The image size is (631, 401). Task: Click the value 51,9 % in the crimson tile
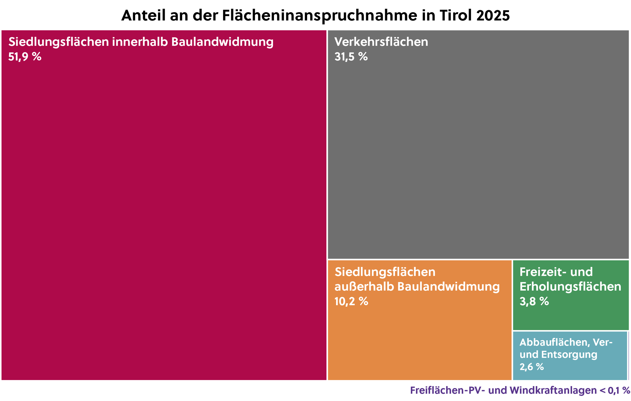point(25,57)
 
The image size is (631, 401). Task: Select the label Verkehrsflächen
point(381,42)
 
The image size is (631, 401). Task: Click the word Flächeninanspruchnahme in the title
point(320,16)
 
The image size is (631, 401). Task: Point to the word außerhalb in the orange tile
point(364,287)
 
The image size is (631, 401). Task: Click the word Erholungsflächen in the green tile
point(570,287)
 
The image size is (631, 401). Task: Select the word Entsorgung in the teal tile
point(569,355)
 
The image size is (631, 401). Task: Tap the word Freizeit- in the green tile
point(541,272)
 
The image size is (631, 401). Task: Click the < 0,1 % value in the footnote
point(615,391)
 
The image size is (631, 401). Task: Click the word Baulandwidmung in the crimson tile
point(222,42)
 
